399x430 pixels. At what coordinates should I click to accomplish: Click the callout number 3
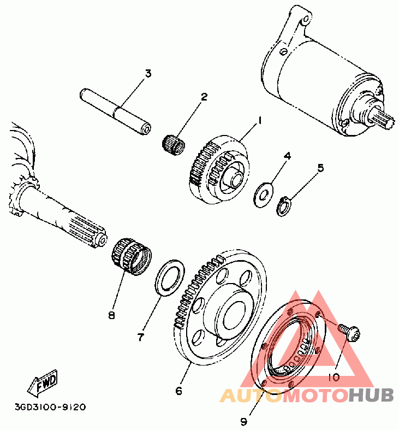147,73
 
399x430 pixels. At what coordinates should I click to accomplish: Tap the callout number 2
204,97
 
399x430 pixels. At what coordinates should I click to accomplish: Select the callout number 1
260,120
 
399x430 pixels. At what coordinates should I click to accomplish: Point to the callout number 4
287,156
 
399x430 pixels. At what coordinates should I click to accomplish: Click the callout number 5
320,168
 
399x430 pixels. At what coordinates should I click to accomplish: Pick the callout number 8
112,315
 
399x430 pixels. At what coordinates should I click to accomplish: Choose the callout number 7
140,337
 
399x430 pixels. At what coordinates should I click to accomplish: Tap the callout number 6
178,391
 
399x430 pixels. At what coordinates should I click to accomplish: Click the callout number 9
243,421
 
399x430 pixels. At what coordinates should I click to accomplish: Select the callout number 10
334,377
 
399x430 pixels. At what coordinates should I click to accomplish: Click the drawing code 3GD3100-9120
50,407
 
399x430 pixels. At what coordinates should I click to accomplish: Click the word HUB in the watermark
372,395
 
